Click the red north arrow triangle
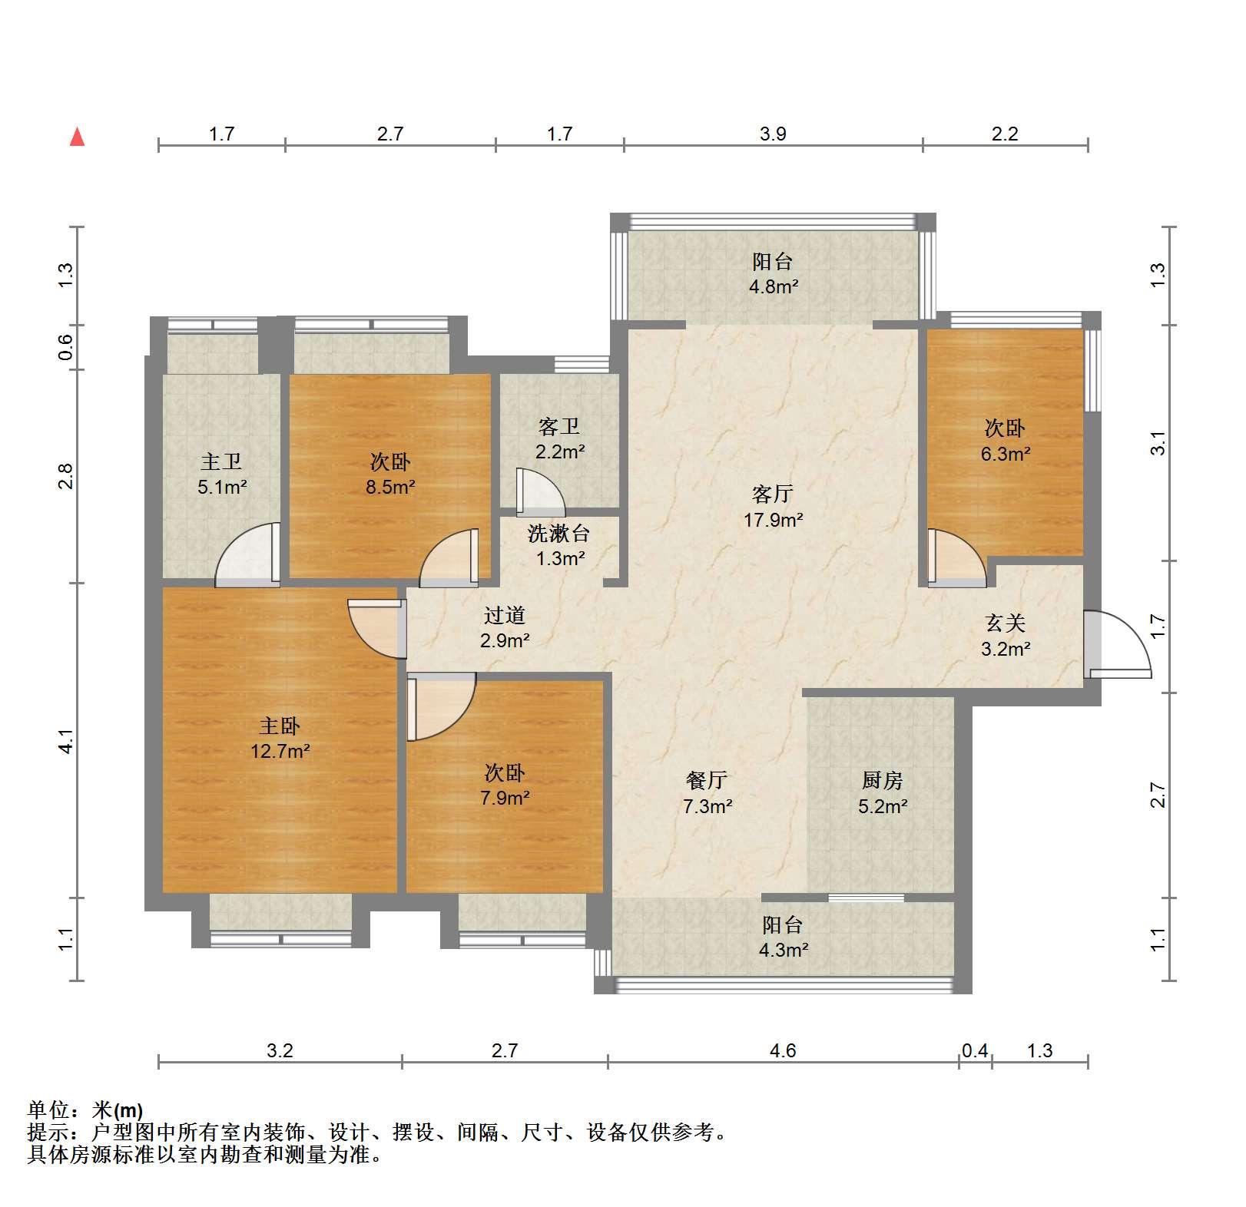77,137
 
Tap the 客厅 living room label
772,494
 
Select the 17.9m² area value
773,520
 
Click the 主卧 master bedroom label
279,726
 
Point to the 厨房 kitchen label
882,781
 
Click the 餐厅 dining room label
707,781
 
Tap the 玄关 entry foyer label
1006,623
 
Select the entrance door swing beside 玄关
1118,643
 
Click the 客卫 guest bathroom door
541,491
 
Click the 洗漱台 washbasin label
559,533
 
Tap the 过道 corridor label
505,615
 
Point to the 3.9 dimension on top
773,134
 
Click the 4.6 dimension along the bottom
783,1050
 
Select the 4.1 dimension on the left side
66,740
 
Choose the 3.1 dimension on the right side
1158,443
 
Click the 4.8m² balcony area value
774,287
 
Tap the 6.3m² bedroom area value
1005,454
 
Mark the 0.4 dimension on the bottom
975,1050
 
